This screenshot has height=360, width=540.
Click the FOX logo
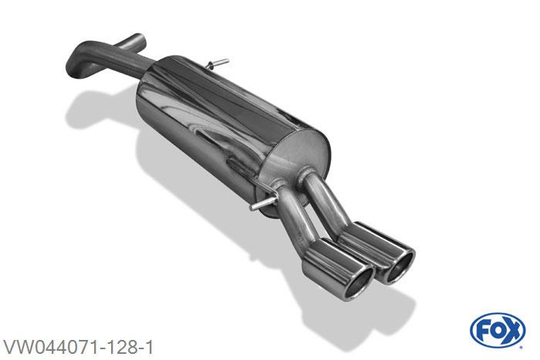pyautogui.click(x=498, y=330)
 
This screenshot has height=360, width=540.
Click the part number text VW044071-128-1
pyautogui.click(x=78, y=347)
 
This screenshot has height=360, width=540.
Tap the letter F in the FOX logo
pyautogui.click(x=482, y=331)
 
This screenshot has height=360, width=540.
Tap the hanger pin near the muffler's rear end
pyautogui.click(x=261, y=204)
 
